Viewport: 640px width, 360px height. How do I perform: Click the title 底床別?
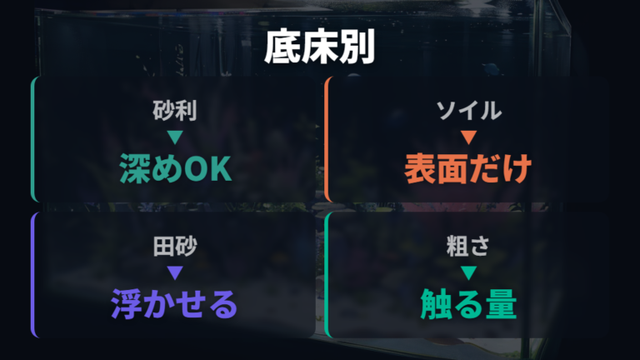(x=320, y=47)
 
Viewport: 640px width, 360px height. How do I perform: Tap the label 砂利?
(x=175, y=111)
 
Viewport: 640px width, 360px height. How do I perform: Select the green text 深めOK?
(x=176, y=168)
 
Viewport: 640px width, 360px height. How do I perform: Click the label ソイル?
(x=468, y=111)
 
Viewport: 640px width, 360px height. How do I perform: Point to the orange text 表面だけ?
(x=468, y=168)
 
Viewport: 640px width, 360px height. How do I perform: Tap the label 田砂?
(x=175, y=246)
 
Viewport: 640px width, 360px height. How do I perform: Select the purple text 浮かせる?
(x=174, y=304)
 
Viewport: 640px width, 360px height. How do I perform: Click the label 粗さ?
(x=468, y=246)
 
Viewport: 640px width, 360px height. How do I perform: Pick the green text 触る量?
(x=468, y=304)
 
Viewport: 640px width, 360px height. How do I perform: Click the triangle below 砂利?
(x=175, y=137)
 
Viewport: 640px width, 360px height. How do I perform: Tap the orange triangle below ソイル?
(x=468, y=137)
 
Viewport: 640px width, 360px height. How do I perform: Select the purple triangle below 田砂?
(x=175, y=272)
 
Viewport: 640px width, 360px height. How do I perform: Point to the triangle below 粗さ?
(x=468, y=272)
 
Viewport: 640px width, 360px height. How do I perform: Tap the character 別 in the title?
(x=357, y=47)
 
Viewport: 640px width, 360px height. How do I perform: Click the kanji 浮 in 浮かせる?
(x=126, y=304)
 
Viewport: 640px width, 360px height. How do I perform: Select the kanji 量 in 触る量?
(x=501, y=304)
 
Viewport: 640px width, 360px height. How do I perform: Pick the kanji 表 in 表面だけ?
(x=420, y=168)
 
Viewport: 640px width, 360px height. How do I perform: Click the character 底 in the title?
(x=282, y=47)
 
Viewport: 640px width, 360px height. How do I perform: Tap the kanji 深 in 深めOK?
(x=135, y=168)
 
